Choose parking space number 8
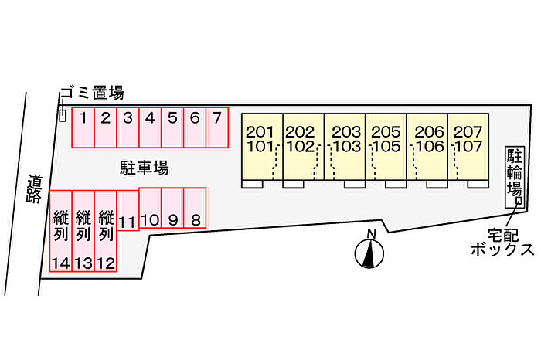coord(196,209)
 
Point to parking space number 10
coord(150,209)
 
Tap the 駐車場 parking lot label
coord(144,167)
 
